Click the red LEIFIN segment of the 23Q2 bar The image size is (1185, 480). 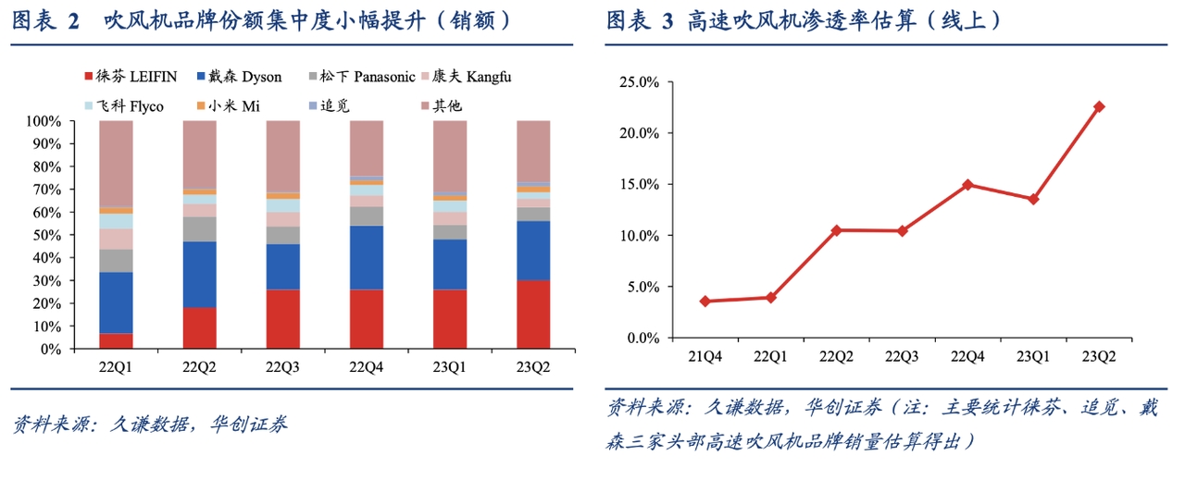pos(533,314)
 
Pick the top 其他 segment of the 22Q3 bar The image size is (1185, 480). pos(282,156)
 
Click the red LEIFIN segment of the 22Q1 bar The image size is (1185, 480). pos(116,341)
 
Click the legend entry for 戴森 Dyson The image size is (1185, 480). pos(239,77)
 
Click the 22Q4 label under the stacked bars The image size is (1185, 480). pos(367,366)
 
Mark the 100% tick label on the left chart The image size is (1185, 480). pos(44,121)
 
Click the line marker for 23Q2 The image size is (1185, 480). pos(1099,106)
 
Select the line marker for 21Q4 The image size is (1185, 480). pos(705,301)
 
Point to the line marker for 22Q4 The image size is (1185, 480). pos(967,184)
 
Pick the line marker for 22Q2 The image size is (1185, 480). pos(836,230)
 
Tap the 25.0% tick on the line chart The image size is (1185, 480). pos(639,82)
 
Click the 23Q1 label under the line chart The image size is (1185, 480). pos(1032,356)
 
